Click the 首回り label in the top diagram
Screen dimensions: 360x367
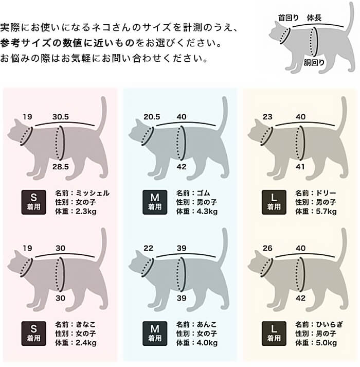point(289,18)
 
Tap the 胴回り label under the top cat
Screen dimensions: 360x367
point(314,62)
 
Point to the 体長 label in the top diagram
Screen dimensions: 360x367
point(314,18)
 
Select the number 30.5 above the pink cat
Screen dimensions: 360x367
point(61,116)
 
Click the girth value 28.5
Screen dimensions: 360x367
point(61,167)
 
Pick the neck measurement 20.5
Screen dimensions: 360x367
point(152,116)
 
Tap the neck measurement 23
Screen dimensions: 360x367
point(267,116)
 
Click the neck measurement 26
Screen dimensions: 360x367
point(267,248)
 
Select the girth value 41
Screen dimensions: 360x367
point(300,167)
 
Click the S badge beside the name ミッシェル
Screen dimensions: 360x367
point(33,202)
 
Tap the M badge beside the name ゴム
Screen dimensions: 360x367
point(155,202)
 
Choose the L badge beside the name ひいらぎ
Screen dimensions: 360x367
point(274,334)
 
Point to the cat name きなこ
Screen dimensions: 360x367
point(85,324)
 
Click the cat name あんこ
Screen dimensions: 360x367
point(207,324)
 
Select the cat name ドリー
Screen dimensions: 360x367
point(326,193)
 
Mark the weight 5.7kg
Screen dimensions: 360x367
point(327,212)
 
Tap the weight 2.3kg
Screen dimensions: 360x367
point(86,212)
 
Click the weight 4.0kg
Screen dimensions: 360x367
point(207,343)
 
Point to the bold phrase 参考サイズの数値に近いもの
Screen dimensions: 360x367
point(67,43)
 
